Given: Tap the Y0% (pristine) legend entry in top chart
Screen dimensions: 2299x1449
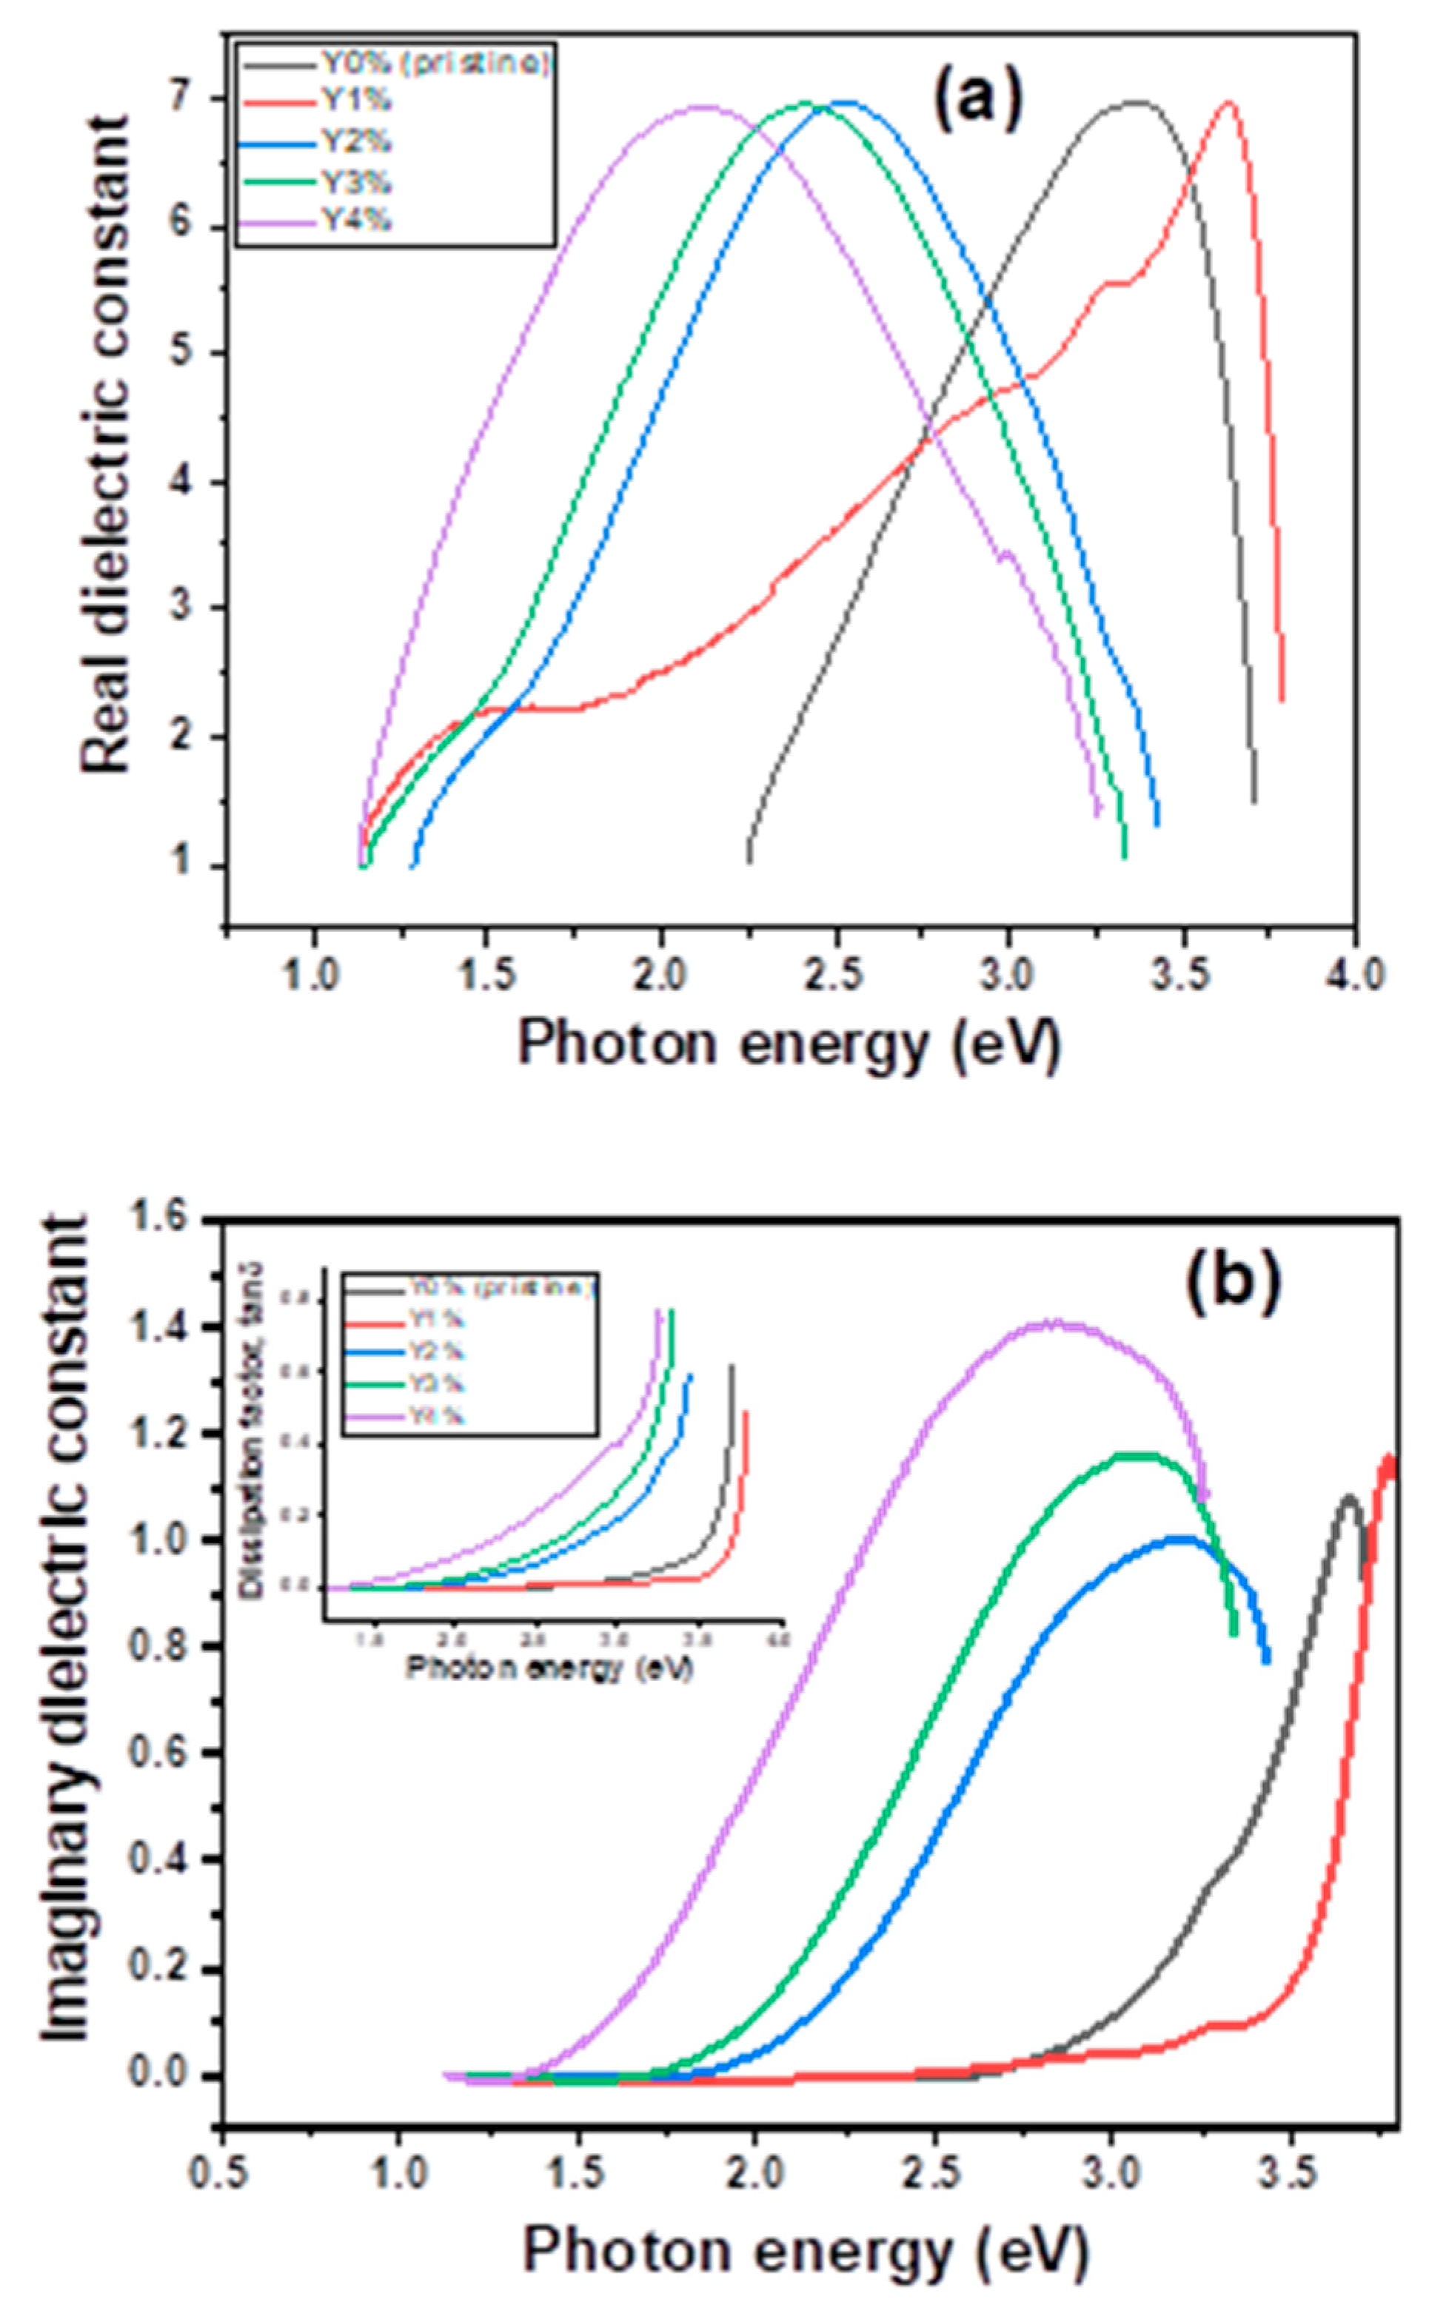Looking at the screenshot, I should [435, 63].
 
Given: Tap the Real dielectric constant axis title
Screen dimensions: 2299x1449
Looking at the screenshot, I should [104, 444].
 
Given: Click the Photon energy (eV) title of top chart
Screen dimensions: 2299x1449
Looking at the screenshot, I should [789, 1045].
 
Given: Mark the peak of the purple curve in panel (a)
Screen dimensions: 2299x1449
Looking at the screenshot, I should [705, 107].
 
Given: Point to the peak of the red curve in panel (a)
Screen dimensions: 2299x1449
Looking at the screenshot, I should [1229, 102].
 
